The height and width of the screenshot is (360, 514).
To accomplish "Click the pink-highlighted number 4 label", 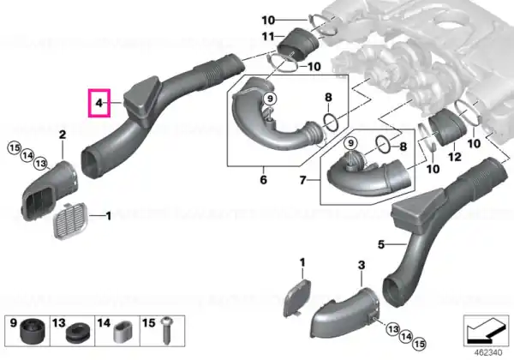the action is [99, 103].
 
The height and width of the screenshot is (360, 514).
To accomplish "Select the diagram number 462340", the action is [488, 352].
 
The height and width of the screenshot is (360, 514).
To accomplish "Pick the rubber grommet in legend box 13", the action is [78, 332].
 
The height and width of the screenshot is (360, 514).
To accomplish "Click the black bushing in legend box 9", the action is [32, 331].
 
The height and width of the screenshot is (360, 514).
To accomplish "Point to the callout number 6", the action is [264, 179].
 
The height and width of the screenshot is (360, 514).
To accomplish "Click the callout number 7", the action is [302, 180].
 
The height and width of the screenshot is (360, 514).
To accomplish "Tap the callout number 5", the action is [381, 244].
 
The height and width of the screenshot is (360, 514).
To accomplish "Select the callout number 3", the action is [362, 265].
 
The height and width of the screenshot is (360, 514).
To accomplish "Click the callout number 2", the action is [63, 134].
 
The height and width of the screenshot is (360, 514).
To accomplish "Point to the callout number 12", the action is [455, 157].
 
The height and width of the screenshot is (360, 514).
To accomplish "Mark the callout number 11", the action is [268, 36].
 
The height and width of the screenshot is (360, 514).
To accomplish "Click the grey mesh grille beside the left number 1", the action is [70, 220].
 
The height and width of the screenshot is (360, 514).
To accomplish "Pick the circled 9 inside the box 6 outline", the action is [270, 99].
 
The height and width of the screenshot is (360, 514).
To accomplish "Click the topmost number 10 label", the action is [268, 21].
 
